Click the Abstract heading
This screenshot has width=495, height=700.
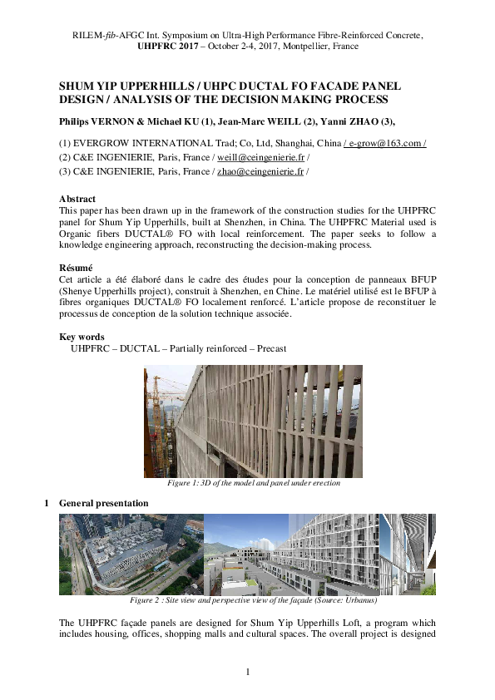point(77,200)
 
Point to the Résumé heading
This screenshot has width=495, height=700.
point(77,269)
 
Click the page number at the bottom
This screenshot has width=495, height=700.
point(248,671)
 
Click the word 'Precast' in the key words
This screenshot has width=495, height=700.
point(270,349)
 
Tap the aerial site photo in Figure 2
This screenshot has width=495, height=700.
point(131,554)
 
